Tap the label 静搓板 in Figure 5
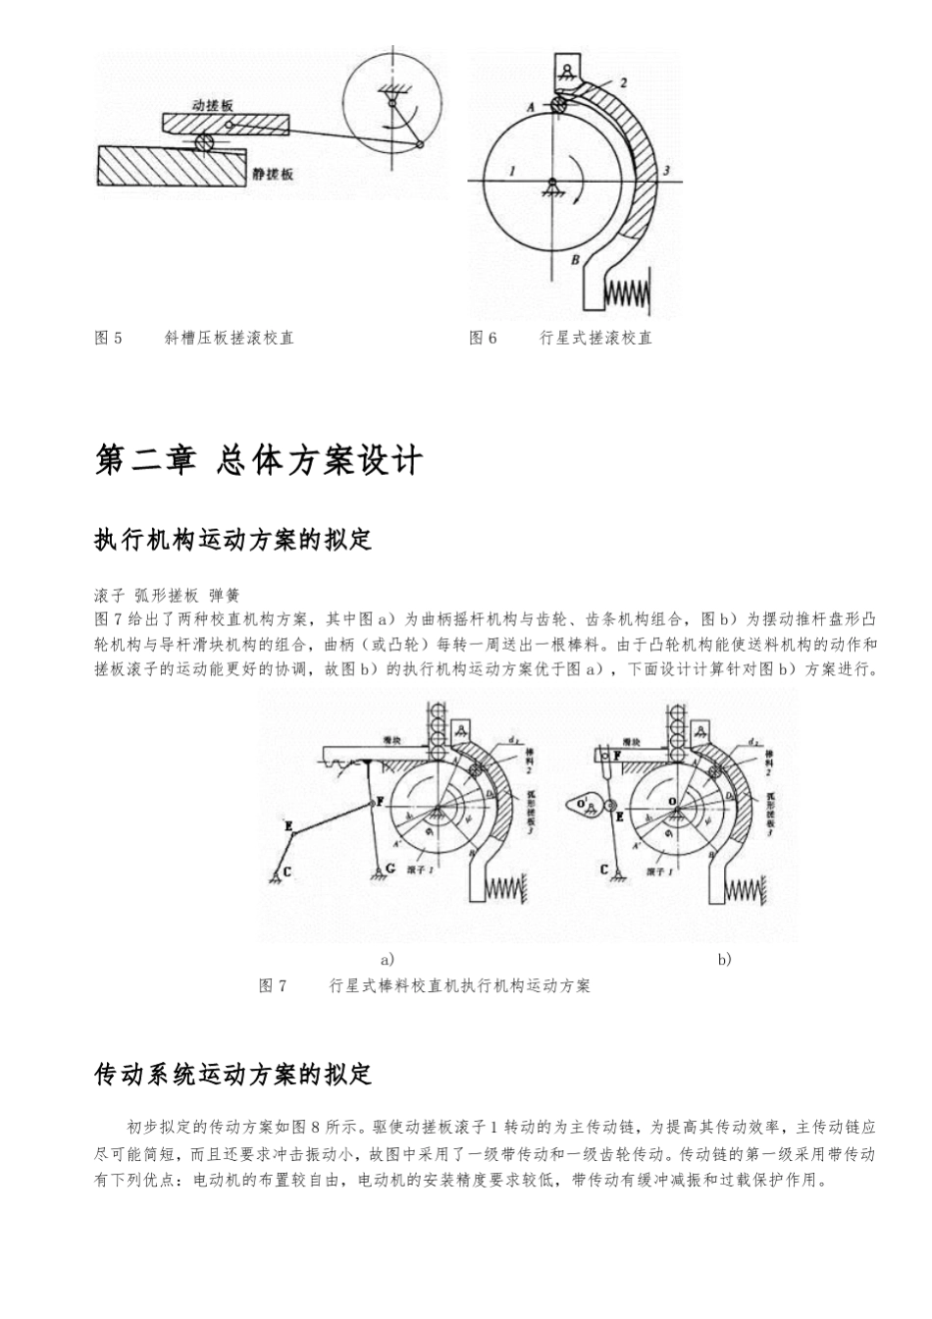pos(273,175)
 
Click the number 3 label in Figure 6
pos(667,172)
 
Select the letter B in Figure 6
pos(576,260)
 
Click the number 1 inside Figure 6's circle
pos(512,171)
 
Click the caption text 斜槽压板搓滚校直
pos(230,338)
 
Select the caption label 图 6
pos(484,338)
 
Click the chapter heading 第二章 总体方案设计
pos(259,460)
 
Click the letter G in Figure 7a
pos(391,869)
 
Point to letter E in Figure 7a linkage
pos(287,827)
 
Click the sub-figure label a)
pos(388,959)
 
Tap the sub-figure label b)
pos(724,959)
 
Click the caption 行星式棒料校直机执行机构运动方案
pos(459,985)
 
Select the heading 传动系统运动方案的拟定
pos(233,1074)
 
